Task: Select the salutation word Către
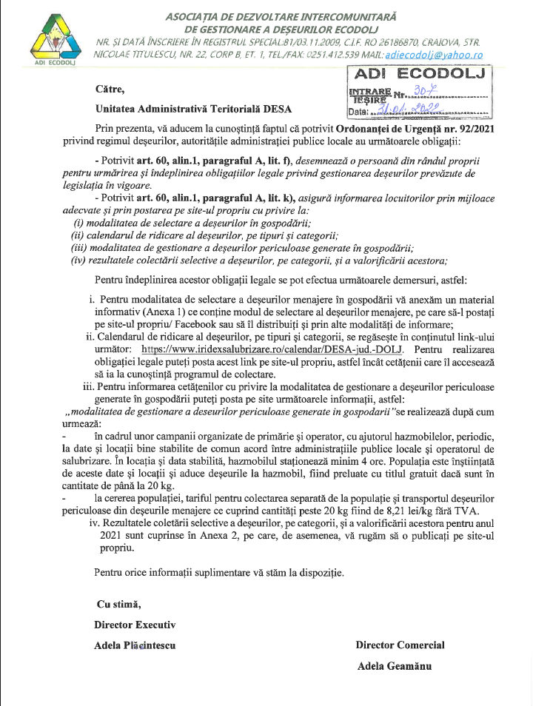(x=110, y=89)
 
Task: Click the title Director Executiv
(x=135, y=625)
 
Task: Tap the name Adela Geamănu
(x=395, y=665)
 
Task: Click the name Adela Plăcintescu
(x=135, y=645)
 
